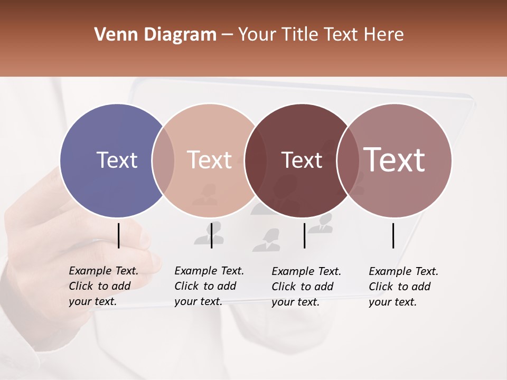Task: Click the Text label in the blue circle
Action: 117,160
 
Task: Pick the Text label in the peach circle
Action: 210,160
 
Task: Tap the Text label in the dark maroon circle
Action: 302,160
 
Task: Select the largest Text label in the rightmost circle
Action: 395,160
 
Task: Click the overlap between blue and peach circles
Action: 163,160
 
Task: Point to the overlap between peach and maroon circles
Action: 255,160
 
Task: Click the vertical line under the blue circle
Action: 118,235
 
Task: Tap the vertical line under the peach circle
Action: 211,235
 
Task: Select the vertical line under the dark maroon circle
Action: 304,235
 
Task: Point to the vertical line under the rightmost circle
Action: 393,235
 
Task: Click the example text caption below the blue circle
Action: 104,286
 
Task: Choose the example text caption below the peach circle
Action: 209,286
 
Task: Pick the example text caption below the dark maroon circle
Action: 306,287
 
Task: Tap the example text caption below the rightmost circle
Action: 403,287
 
